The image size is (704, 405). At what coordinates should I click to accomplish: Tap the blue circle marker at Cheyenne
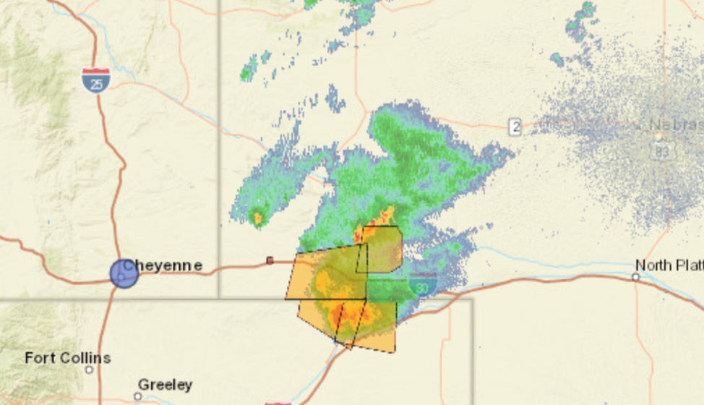pos(124,273)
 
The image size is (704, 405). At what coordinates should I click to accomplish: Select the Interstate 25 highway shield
pos(95,80)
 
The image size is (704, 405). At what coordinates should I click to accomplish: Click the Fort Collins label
pos(67,358)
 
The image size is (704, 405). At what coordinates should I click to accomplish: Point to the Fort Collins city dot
pos(89,370)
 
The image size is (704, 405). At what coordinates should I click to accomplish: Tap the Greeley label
pos(165,385)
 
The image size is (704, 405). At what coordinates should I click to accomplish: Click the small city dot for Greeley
pos(138,396)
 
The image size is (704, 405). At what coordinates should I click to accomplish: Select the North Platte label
pos(669,265)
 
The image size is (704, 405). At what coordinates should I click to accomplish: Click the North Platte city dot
pos(636,277)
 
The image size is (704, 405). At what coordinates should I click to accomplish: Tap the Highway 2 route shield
pos(515,127)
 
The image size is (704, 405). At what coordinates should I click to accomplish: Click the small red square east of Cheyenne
pos(270,260)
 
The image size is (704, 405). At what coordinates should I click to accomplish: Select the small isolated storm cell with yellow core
pos(257,217)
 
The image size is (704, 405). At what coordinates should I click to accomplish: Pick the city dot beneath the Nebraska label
pos(658,136)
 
